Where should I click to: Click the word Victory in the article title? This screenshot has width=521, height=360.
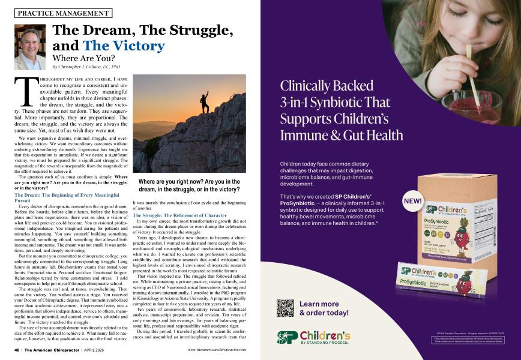124,46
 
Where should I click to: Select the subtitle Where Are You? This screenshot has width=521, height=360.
83,59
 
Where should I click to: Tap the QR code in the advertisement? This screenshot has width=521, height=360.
285,307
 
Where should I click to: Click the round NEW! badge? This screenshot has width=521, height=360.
414,201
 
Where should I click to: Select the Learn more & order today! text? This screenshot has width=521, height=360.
324,308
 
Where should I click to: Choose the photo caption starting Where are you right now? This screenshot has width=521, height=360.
189,185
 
